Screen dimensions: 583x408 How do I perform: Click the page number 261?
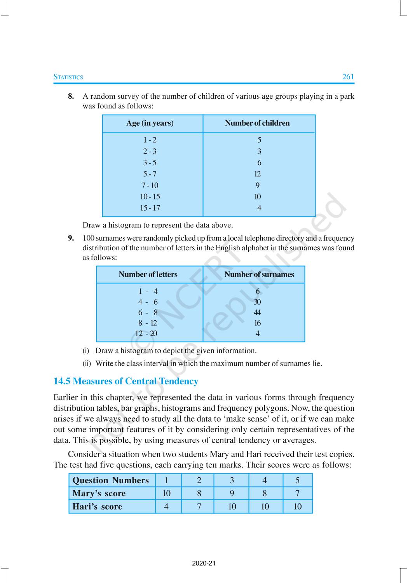pos(348,77)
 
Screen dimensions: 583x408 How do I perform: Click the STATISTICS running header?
pos(68,77)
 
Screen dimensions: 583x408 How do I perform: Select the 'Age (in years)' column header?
pos(150,123)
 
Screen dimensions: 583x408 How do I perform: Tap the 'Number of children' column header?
pos(257,123)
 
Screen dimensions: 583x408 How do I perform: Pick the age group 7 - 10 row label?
pos(150,185)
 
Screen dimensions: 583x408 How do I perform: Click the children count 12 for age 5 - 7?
pos(258,174)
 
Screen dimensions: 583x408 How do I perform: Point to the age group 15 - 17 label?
pos(150,208)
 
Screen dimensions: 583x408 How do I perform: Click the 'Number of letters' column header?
pos(148,274)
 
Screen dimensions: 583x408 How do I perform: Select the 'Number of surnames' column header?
pos(259,274)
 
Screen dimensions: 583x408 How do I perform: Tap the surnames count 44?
pos(257,312)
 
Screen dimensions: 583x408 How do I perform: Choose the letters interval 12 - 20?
pos(146,333)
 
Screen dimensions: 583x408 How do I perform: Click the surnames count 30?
pos(257,302)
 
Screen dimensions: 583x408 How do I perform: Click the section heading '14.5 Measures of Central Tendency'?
pos(126,381)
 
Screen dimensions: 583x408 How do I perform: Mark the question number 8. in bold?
pos(71,96)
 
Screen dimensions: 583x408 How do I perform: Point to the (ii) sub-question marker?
pos(87,364)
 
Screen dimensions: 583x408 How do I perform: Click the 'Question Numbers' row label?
pos(111,480)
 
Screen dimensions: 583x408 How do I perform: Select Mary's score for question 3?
pos(232,493)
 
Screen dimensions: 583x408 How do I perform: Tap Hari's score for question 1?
pos(166,506)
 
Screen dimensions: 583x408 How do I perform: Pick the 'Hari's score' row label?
pos(97,506)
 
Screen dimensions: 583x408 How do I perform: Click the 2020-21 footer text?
pos(204,563)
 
